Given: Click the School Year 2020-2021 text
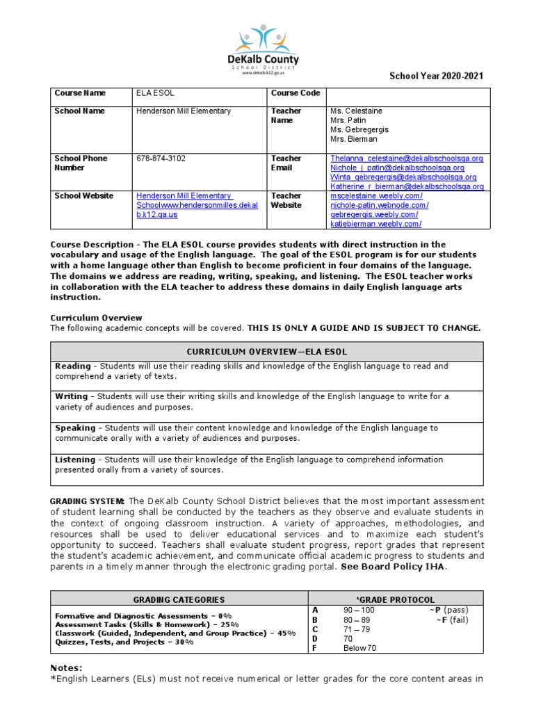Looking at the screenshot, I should click(x=436, y=76).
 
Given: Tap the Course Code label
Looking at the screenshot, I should click(x=296, y=93).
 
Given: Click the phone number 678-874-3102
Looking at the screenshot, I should click(x=161, y=159).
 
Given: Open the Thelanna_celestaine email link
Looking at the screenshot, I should click(x=406, y=159).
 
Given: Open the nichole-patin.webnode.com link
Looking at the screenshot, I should click(x=379, y=206).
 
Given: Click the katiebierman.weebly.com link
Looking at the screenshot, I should click(x=375, y=224).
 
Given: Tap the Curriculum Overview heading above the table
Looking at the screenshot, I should click(x=96, y=318).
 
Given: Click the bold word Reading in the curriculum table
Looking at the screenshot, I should click(x=73, y=366).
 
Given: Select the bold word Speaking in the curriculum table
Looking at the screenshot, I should click(x=75, y=428).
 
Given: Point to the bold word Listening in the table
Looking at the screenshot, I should click(x=76, y=460).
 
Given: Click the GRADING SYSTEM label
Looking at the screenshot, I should click(x=88, y=501).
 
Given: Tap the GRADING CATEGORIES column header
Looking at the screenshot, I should click(x=179, y=599).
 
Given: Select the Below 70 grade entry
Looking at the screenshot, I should click(x=359, y=648).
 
